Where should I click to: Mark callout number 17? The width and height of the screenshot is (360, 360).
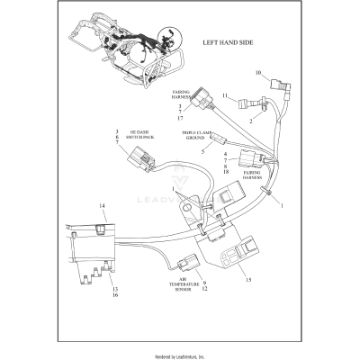pos(180,118)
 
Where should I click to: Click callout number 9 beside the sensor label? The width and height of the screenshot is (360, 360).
pos(203,281)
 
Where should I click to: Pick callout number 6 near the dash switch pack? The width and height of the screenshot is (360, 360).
pos(116,138)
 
